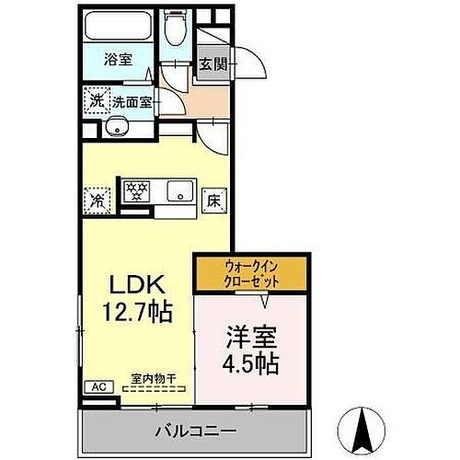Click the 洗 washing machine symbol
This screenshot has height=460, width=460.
(97, 100)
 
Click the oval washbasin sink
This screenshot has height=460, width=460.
(117, 127)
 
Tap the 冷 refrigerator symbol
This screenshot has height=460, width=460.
(97, 198)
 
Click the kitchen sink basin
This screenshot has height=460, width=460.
(178, 193)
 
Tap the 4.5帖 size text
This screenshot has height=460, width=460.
(249, 363)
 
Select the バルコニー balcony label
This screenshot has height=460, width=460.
(195, 430)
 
